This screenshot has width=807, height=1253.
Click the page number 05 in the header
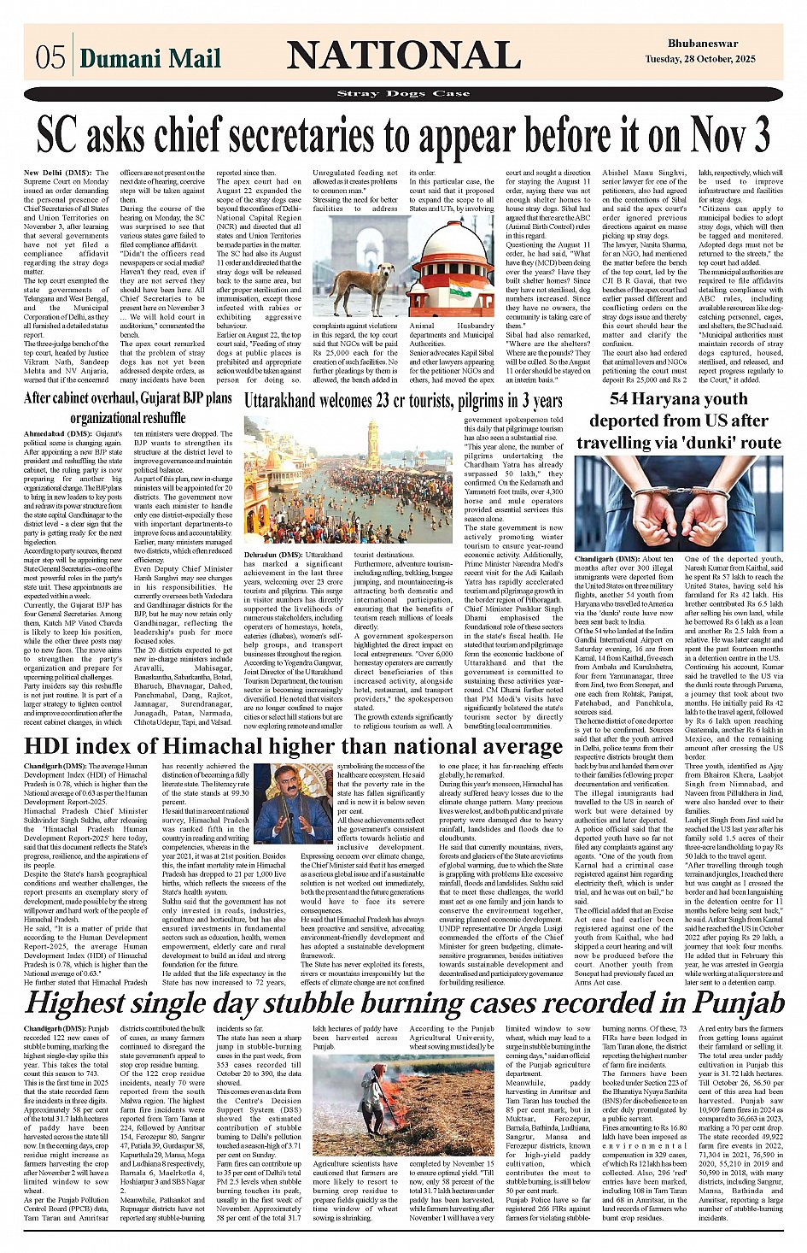tap(50, 57)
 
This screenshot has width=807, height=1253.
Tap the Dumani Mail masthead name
tap(149, 58)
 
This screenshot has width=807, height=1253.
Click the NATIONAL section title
tap(403, 56)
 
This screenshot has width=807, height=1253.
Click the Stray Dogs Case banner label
tap(403, 94)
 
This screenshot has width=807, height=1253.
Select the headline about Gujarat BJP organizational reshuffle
tap(127, 408)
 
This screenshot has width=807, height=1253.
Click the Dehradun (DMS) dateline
tap(273, 555)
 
